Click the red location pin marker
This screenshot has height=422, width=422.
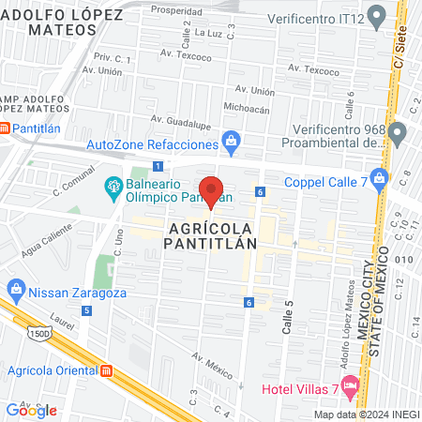[212, 191]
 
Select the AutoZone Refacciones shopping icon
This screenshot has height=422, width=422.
[231, 142]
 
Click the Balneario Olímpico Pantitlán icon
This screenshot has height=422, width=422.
[113, 186]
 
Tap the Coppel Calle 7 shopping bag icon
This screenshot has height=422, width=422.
[378, 177]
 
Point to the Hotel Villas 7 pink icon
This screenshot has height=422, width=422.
[350, 384]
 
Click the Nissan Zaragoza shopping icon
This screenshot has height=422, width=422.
[16, 293]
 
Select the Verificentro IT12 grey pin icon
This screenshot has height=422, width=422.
[378, 15]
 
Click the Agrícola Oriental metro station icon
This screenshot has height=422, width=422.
[107, 370]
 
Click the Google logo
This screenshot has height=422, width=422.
[31, 410]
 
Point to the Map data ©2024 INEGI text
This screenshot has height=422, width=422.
[366, 414]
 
